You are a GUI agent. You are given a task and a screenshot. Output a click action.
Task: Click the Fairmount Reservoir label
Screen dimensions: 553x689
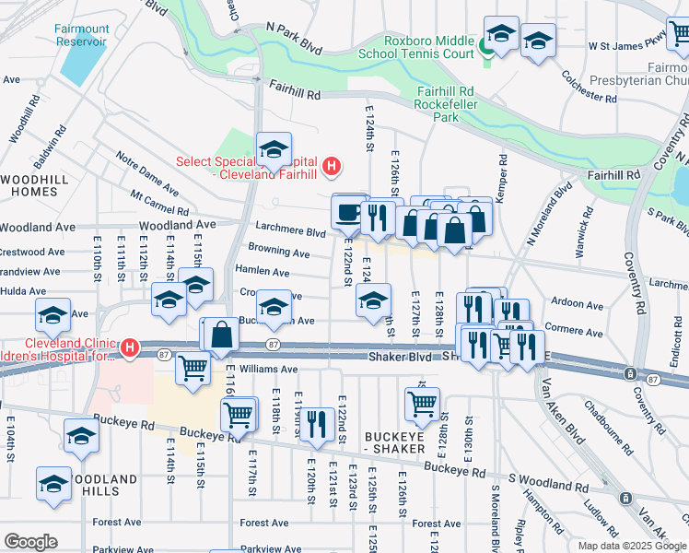81,35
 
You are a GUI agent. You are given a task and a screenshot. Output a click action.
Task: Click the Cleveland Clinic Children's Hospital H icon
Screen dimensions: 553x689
130,348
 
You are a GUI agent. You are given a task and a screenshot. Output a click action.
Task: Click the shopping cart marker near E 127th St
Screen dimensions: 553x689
422,403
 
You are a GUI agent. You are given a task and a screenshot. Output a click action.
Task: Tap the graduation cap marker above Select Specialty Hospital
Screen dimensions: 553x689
274,148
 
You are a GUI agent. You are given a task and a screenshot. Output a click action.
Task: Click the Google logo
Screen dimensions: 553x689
30,542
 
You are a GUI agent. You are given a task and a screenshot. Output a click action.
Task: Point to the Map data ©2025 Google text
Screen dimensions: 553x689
632,546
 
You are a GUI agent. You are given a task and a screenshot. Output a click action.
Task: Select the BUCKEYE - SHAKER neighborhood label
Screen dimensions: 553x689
394,441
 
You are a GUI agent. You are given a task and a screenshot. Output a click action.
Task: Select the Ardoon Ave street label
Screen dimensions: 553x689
576,304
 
